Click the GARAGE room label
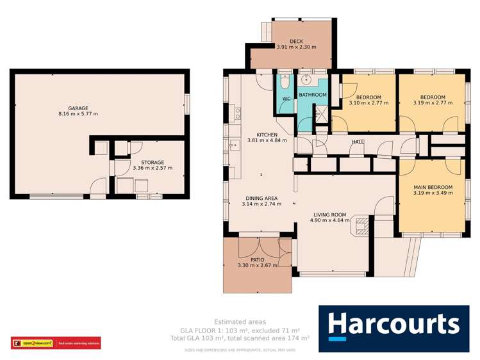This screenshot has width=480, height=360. [x=78, y=108]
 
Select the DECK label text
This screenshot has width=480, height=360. [x=296, y=41]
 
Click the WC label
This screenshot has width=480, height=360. [x=286, y=99]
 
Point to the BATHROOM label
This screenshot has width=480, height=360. [x=313, y=95]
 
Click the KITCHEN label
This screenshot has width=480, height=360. [x=267, y=135]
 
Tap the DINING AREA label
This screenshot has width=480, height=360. [x=261, y=198]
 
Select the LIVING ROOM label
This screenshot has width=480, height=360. [x=329, y=215]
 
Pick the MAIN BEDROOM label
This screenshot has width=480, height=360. [x=433, y=187]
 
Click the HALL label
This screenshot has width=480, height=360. [x=358, y=142]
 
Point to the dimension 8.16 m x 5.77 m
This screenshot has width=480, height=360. [x=78, y=115]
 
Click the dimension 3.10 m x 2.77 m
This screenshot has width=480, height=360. [x=368, y=102]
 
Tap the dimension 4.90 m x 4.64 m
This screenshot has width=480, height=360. [x=329, y=221]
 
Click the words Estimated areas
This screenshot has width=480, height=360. [x=240, y=322]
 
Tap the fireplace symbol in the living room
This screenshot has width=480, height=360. [x=361, y=225]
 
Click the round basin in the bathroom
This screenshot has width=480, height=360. [x=308, y=81]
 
